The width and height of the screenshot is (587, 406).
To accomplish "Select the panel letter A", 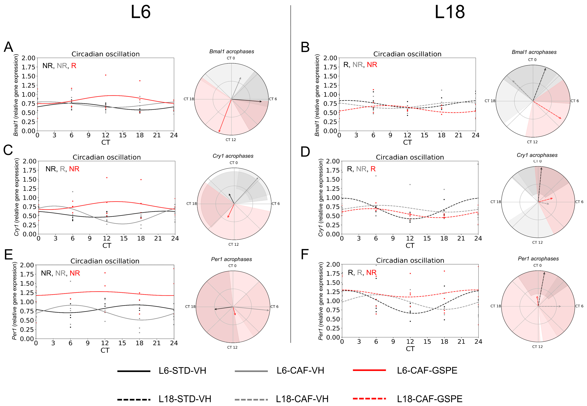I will (8, 47).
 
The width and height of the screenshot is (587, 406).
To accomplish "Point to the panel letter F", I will (305, 255).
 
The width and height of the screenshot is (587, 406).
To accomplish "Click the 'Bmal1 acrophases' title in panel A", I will (232, 52).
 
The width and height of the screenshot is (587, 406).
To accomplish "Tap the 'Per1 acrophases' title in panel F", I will (538, 259).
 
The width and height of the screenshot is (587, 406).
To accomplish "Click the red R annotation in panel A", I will (74, 66).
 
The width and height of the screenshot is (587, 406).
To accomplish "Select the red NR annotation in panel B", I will (372, 65).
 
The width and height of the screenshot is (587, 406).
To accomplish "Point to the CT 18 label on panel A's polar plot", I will (189, 99).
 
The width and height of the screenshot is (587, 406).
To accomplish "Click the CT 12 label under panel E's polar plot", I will (232, 347).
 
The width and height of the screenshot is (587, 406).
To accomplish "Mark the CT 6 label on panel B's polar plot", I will (575, 101).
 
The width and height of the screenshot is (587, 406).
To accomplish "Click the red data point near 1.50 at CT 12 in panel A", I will (106, 75).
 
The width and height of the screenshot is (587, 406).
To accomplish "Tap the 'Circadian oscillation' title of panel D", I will (410, 157).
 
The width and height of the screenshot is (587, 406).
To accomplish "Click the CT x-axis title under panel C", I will (107, 246).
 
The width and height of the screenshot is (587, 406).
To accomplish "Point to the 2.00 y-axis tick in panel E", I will (27, 265).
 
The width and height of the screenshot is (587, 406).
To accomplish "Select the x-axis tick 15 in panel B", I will (424, 135).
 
